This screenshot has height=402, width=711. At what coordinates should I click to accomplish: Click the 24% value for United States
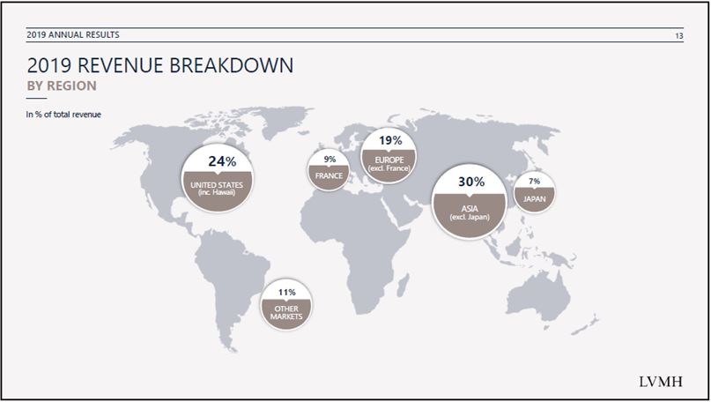(222, 161)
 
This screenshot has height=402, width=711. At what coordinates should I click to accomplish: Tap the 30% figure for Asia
(471, 182)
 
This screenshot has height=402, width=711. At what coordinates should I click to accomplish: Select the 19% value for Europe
(390, 141)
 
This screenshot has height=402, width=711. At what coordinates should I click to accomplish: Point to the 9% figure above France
(330, 160)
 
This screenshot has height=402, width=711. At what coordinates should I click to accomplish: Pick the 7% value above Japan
(534, 181)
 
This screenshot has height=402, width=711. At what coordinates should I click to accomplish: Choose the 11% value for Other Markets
(286, 292)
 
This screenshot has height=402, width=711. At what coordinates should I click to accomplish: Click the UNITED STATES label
(217, 185)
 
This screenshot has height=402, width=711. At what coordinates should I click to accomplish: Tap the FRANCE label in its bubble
(329, 175)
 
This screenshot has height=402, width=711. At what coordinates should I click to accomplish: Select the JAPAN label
(534, 198)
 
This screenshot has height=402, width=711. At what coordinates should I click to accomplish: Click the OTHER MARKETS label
(286, 312)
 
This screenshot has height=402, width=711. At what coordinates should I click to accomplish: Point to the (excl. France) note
(389, 167)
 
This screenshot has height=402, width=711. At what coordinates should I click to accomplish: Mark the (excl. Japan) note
(470, 217)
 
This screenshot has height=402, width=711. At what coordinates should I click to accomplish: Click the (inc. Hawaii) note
(217, 192)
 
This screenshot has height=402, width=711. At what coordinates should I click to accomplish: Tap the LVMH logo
(660, 382)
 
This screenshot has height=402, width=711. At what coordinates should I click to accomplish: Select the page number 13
(678, 36)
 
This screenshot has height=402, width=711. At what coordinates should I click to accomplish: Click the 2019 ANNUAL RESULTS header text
(73, 34)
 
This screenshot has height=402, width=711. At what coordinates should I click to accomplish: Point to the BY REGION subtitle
(62, 86)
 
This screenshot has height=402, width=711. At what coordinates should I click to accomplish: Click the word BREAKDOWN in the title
(231, 65)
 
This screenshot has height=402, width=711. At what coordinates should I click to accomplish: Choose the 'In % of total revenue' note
(63, 115)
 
